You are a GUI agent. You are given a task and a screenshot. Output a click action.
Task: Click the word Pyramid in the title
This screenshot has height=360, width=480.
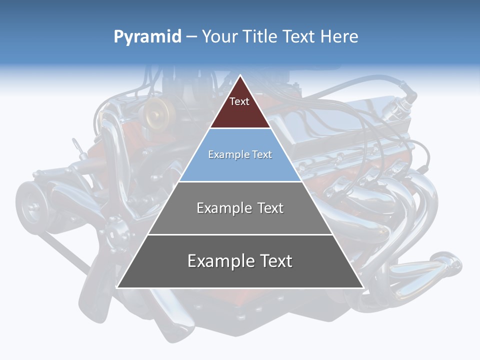pyautogui.click(x=147, y=37)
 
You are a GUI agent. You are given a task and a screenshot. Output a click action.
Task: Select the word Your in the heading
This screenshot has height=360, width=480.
pyautogui.click(x=220, y=36)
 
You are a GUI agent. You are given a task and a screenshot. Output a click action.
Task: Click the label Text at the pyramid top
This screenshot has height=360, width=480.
pyautogui.click(x=239, y=101)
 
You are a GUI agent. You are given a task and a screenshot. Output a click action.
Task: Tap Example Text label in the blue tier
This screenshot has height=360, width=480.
pyautogui.click(x=240, y=154)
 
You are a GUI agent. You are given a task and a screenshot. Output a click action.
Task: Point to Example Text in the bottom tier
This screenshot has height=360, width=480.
pyautogui.click(x=240, y=261)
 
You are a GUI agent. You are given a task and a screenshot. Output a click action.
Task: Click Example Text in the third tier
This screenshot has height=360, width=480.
pyautogui.click(x=240, y=208)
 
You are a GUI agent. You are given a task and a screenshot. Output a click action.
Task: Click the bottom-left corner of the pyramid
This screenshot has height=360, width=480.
pyautogui.click(x=118, y=287)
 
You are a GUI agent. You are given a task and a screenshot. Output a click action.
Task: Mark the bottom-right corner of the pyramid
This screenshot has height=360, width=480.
pyautogui.click(x=362, y=287)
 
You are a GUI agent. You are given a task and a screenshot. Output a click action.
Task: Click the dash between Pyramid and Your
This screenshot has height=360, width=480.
pyautogui.click(x=191, y=37)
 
